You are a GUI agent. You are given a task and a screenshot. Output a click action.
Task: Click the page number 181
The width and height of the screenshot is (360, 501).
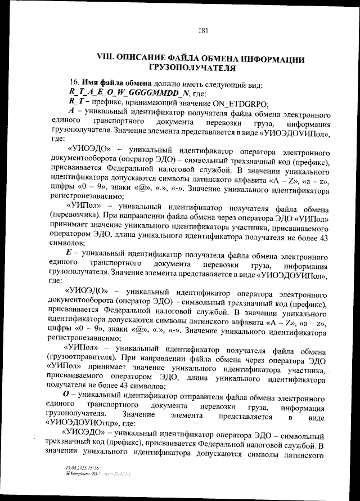204,30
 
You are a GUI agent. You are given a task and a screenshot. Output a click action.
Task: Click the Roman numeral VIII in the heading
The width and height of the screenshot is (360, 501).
107,59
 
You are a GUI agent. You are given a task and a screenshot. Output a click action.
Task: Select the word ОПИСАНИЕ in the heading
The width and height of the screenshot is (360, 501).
146,59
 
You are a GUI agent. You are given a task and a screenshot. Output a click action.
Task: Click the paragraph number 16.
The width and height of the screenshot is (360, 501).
74,82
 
